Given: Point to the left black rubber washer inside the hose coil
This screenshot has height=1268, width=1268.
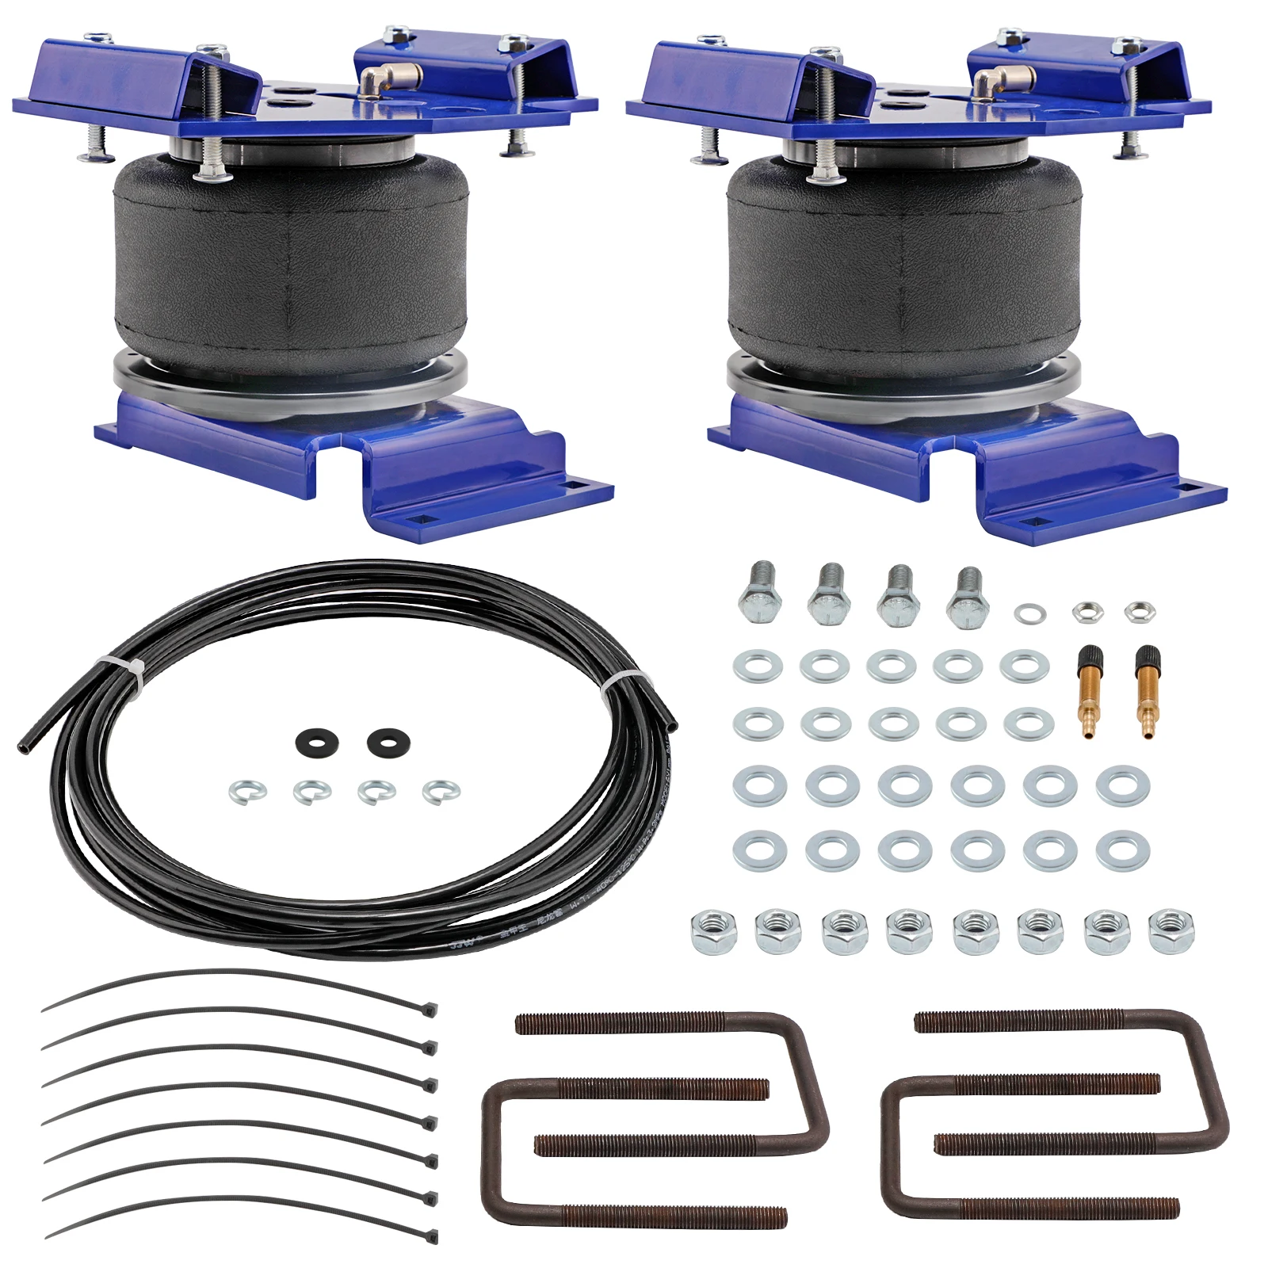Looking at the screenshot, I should point(317,743).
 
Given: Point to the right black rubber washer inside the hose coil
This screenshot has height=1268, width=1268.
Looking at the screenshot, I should point(388,742).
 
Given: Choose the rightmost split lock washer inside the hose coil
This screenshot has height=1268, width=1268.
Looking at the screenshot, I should point(441,791).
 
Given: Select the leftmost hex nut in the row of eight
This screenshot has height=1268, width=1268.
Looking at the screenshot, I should point(714,932).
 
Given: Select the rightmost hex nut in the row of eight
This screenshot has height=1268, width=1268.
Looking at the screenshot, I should point(1171,931).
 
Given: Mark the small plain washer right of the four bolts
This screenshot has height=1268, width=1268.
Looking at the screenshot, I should point(1029,613).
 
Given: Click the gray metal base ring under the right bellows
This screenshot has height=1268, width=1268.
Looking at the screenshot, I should point(903,388).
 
